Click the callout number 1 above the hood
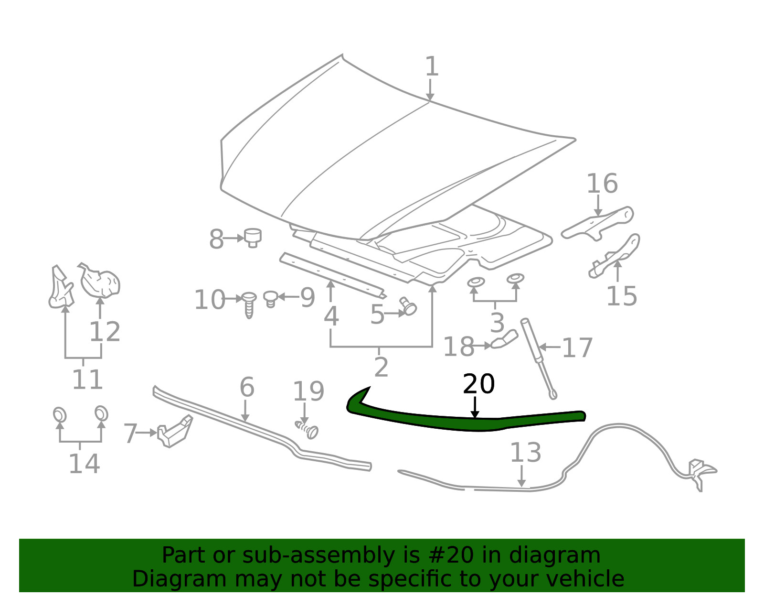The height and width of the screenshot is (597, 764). point(432,66)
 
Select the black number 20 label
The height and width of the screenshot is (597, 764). point(479,384)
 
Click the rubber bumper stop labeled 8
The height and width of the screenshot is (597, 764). point(253,238)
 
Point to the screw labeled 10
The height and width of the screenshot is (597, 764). point(249,304)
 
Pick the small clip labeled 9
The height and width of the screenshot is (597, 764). point(271,299)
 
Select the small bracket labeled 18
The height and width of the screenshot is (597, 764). point(504,339)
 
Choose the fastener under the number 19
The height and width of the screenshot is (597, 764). point(307,430)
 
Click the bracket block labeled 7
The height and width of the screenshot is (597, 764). point(175,431)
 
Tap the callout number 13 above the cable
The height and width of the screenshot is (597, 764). point(525,453)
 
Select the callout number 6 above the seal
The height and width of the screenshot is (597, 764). point(247,387)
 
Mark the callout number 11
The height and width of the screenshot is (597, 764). point(87,379)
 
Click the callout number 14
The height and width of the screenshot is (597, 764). point(85,463)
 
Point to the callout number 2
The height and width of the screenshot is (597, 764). point(381,367)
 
